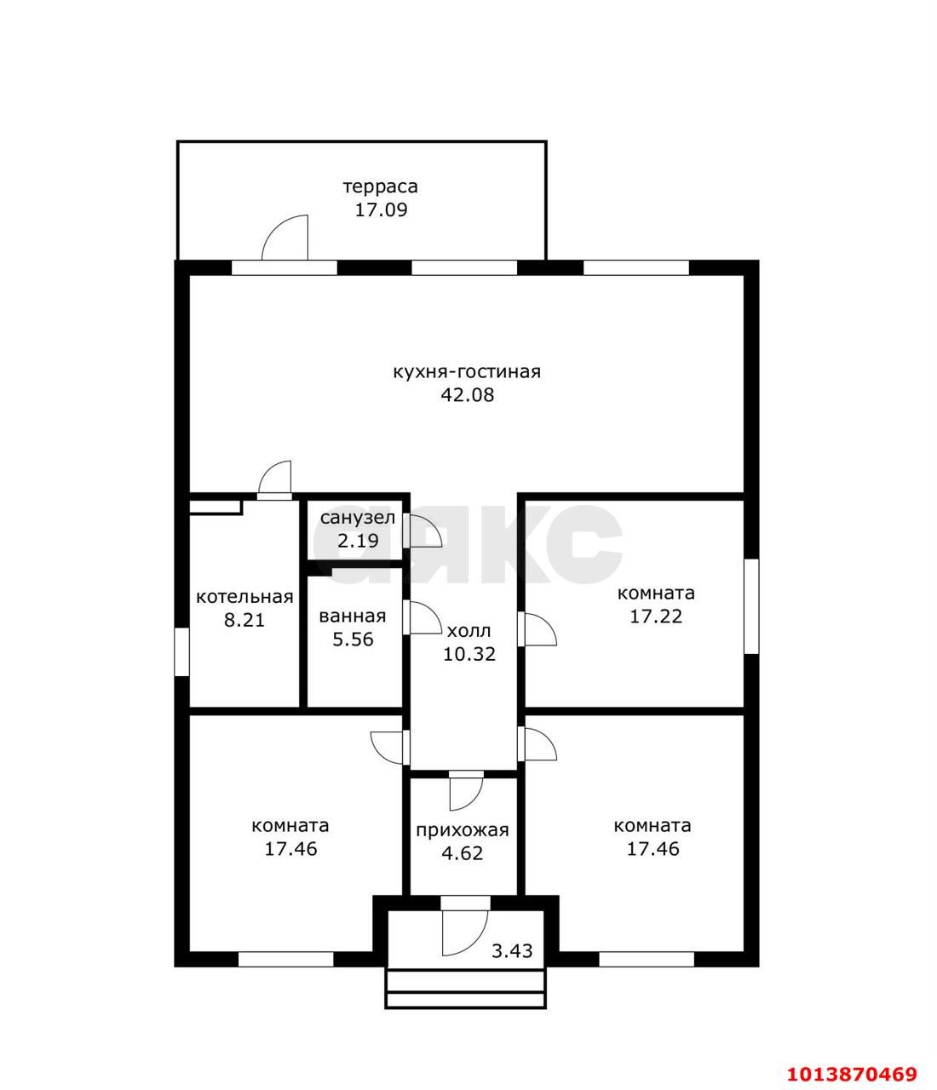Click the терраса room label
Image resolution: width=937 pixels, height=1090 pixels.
(380, 186)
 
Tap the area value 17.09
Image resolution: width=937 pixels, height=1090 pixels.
(381, 209)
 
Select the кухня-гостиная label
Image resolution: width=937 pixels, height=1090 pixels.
(467, 372)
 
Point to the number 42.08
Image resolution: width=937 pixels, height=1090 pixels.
(468, 395)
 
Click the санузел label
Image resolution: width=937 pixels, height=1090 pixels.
(357, 518)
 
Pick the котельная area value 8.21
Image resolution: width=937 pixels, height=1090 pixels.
(244, 620)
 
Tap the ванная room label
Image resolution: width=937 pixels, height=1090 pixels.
(353, 616)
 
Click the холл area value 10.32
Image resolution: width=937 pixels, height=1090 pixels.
(469, 654)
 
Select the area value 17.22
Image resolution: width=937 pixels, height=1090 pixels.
(656, 616)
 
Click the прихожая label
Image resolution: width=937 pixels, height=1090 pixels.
(463, 830)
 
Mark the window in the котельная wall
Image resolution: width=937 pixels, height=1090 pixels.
(181, 651)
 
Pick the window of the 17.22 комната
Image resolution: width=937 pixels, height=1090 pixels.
(751, 606)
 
